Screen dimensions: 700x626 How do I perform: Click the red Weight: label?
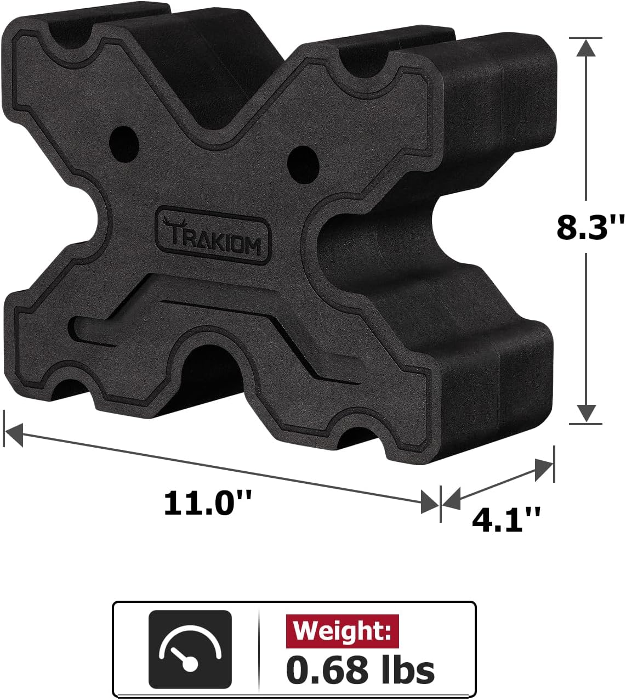343,631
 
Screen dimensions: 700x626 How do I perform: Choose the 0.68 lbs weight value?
360,670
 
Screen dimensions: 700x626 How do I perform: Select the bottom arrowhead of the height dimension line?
587,413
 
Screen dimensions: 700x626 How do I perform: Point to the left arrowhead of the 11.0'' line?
13,433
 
